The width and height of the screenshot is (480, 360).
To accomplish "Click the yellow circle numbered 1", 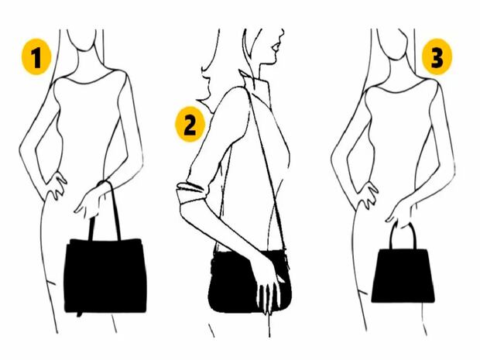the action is point(36,57).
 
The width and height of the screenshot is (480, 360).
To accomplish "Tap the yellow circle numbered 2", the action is point(190,124).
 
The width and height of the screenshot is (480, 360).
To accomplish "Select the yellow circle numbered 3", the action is point(437,57).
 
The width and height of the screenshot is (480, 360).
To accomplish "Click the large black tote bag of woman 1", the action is point(105,276).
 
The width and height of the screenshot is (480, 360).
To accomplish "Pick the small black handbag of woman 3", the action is point(403,276).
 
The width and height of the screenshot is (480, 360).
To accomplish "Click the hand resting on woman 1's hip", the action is point(56,185).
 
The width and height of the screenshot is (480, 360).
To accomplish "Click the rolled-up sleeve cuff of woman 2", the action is point(191,193).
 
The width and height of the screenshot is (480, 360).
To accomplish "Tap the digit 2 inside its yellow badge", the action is point(190,125).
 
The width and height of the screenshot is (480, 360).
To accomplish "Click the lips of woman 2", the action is point(276,48).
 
